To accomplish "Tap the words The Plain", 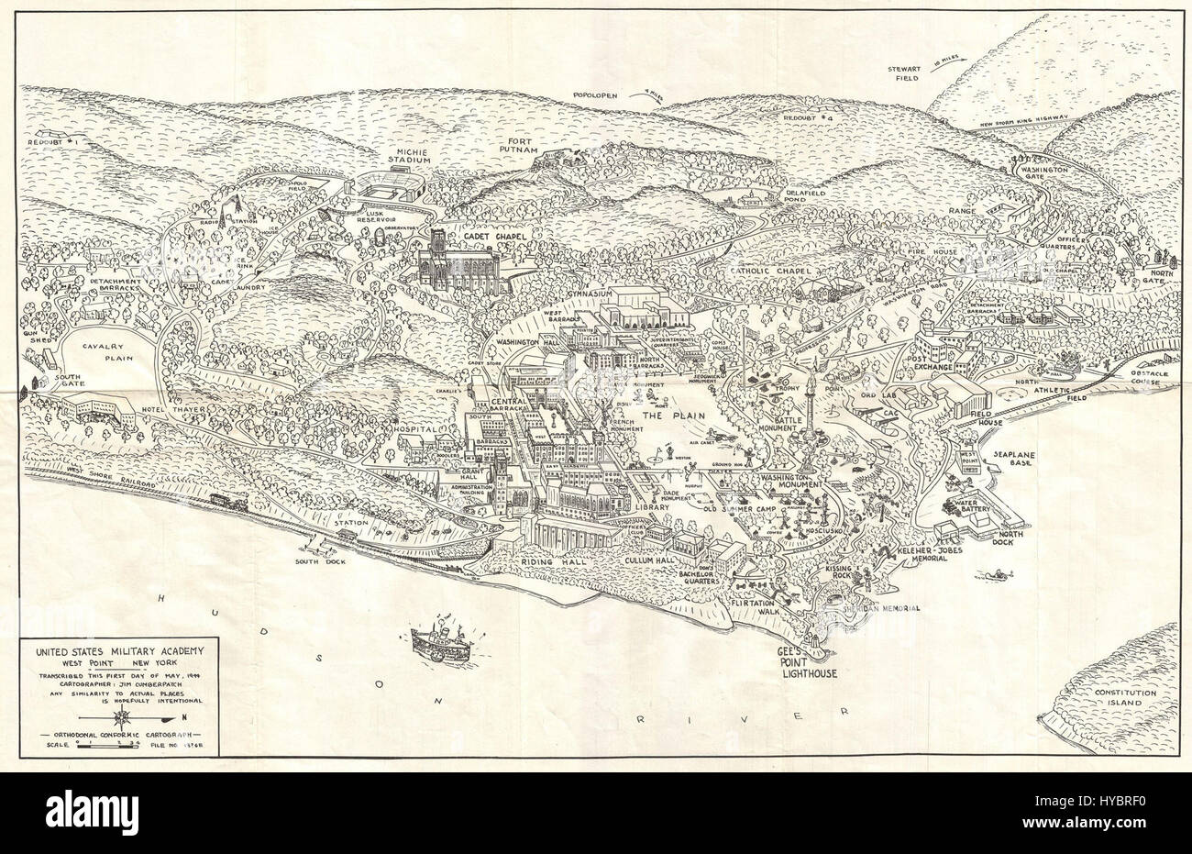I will [x=663, y=416].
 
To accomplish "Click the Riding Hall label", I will [x=558, y=559].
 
